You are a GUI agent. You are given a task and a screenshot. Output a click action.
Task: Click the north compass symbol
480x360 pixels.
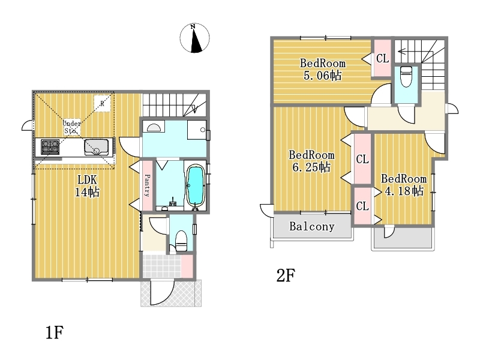pyautogui.click(x=194, y=38)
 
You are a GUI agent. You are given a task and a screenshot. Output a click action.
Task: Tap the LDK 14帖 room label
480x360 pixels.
pyautogui.click(x=87, y=186)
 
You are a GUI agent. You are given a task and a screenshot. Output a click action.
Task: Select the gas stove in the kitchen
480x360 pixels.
pyautogui.click(x=50, y=146)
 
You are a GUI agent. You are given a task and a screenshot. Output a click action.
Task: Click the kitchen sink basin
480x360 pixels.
pyautogui.click(x=96, y=147)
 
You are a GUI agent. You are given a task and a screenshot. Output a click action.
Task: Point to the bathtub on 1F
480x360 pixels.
pyautogui.click(x=196, y=185)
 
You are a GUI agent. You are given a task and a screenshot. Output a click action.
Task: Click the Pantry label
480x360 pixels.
pyautogui.click(x=147, y=185)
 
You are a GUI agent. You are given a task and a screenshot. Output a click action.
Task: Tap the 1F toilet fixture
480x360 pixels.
pyautogui.click(x=181, y=241)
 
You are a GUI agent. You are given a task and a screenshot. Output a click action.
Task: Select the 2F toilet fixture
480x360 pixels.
pyautogui.click(x=406, y=76)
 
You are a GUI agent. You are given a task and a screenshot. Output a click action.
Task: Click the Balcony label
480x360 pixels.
pyautogui.click(x=311, y=227)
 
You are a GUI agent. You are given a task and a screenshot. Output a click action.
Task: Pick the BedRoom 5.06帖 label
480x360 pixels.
pyautogui.click(x=323, y=70)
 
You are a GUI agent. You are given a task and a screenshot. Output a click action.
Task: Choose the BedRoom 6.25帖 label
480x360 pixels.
pyautogui.click(x=311, y=161)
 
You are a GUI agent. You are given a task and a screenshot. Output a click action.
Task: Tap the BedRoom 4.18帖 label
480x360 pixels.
pyautogui.click(x=404, y=185)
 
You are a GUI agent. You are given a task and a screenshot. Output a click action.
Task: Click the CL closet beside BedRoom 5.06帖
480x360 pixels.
pyautogui.click(x=382, y=58)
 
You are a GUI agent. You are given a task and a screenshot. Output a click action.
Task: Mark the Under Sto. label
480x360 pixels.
pyautogui.click(x=72, y=127)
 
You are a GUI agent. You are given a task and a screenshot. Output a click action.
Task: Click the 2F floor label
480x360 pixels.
pyautogui.click(x=286, y=275)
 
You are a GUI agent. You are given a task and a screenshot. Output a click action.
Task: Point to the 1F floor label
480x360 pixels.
pyautogui.click(x=55, y=332)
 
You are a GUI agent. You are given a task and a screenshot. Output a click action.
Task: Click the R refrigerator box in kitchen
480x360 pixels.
pyautogui.click(x=102, y=103)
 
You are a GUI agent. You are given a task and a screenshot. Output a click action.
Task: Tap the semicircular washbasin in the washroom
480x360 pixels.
pyautogui.click(x=154, y=127)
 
